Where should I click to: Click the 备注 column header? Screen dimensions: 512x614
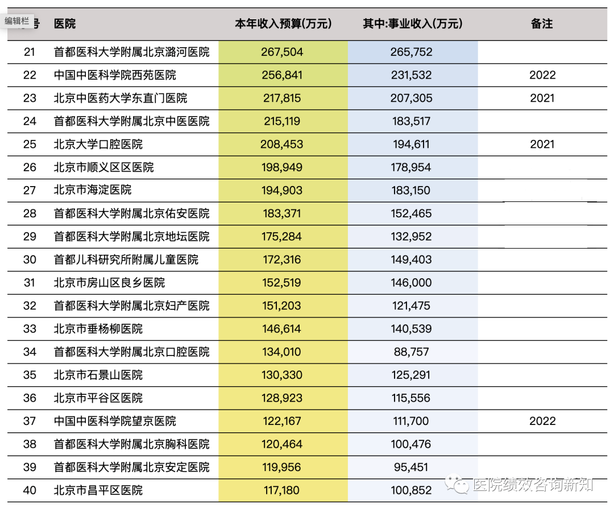coord(541,24)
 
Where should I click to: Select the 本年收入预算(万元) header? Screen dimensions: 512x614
coord(283,24)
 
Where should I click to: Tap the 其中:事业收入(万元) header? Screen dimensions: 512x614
coord(412,24)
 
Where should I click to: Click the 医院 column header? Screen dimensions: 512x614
coord(64,24)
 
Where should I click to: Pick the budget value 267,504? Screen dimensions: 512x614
coord(283,52)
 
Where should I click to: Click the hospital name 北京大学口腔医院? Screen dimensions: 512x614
coord(98,144)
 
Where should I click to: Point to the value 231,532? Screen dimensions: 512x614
coord(412,75)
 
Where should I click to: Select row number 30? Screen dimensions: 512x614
coord(30,259)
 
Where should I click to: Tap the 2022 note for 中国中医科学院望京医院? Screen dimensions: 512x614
coord(542,421)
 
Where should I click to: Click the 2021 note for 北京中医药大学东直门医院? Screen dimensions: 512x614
coord(542,98)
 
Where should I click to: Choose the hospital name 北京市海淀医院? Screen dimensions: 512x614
coord(92,191)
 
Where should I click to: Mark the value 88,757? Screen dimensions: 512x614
coord(412,352)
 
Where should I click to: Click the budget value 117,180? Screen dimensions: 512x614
coord(282,490)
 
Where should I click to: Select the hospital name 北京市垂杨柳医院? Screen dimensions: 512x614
coord(98,329)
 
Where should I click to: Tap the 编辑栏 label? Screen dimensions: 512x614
coord(18,21)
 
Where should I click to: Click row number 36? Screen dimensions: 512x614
coord(30,398)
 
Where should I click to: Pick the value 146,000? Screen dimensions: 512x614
coord(412,283)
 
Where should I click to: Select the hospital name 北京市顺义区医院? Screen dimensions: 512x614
coord(103,167)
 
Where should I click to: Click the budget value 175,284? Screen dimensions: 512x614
coord(282,237)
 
